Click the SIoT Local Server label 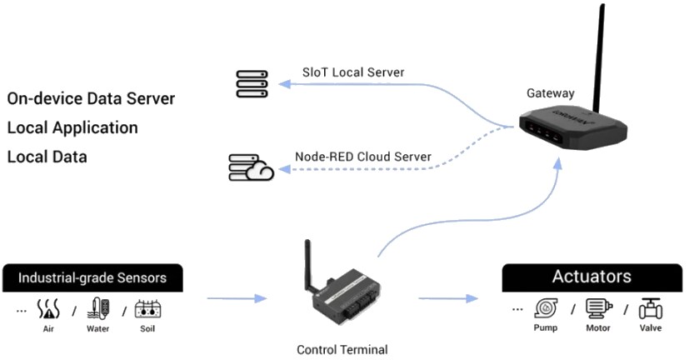(x=353, y=72)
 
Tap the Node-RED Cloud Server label (x=362, y=156)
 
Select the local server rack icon (x=252, y=83)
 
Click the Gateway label (x=550, y=92)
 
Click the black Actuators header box (x=592, y=277)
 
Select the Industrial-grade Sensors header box (x=92, y=277)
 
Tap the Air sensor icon (x=49, y=309)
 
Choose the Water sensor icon (x=98, y=308)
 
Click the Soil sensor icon (x=147, y=309)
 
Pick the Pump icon (x=546, y=309)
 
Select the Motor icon (x=597, y=309)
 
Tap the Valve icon (x=650, y=309)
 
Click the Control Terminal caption (x=342, y=349)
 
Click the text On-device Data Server (x=91, y=98)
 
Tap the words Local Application (x=72, y=127)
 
